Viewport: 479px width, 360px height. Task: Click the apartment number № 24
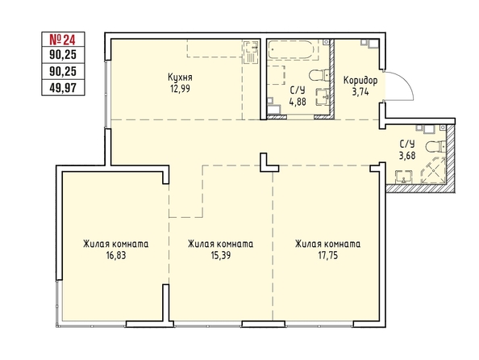coord(63,40)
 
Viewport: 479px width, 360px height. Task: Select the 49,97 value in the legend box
coord(63,88)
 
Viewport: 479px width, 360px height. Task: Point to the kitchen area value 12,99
coord(181,89)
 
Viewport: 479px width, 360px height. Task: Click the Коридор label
coord(360,81)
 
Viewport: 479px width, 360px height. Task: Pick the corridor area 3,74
coord(360,91)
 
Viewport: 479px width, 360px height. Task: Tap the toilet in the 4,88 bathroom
coord(319,75)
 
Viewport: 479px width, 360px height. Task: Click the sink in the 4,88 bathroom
coord(323,96)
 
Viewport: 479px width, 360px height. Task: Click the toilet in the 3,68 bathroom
coord(437,146)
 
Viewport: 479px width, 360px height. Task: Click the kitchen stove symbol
coord(252,52)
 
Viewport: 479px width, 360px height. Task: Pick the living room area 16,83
coord(116,255)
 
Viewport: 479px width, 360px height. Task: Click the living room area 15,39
coord(221,255)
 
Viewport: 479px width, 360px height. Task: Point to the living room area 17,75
coord(328,255)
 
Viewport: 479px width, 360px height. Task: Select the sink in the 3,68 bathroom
coord(404,178)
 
